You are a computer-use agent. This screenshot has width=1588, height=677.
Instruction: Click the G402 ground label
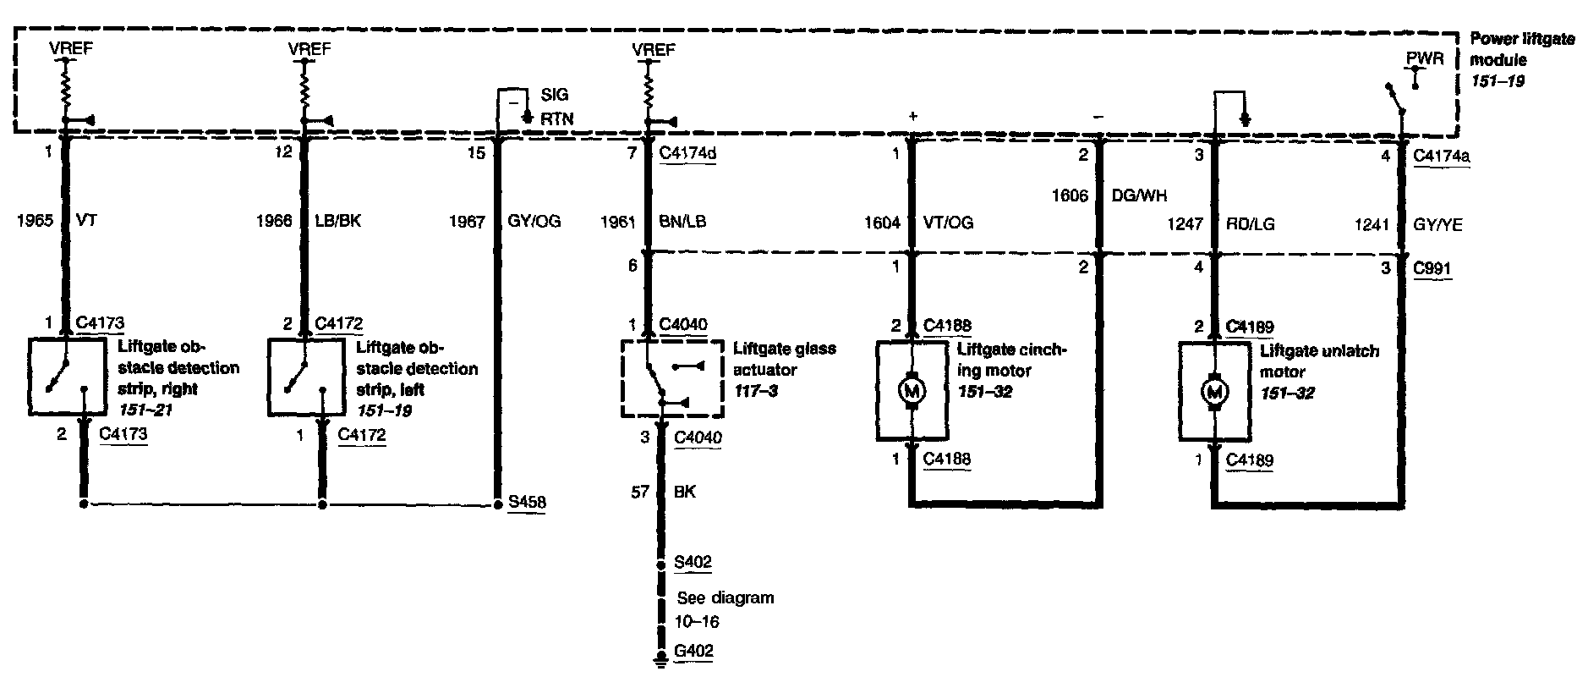point(693,652)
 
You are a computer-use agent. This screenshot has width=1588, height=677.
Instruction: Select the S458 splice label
point(526,503)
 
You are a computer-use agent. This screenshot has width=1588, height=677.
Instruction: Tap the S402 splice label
point(693,562)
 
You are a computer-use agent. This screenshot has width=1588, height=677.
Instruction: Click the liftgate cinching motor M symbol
point(912,390)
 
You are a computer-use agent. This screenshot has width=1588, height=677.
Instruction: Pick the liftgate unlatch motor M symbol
point(1215,392)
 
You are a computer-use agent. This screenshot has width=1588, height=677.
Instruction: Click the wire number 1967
point(467,222)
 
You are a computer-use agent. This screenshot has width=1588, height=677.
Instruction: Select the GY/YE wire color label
point(1437,225)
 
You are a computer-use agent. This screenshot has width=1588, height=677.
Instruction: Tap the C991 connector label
point(1432,269)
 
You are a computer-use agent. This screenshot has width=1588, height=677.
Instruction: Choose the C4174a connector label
point(1441,156)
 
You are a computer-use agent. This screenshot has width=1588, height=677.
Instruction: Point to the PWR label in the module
point(1425,59)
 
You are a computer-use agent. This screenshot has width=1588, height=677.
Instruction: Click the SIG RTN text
point(556,107)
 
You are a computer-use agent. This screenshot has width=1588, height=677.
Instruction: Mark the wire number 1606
point(1070,196)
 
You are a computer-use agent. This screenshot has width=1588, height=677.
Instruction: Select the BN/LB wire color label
point(682,223)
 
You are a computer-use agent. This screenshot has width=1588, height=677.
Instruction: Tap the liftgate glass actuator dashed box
point(672,378)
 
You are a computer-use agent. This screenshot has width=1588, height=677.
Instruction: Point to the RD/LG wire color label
point(1251,225)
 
